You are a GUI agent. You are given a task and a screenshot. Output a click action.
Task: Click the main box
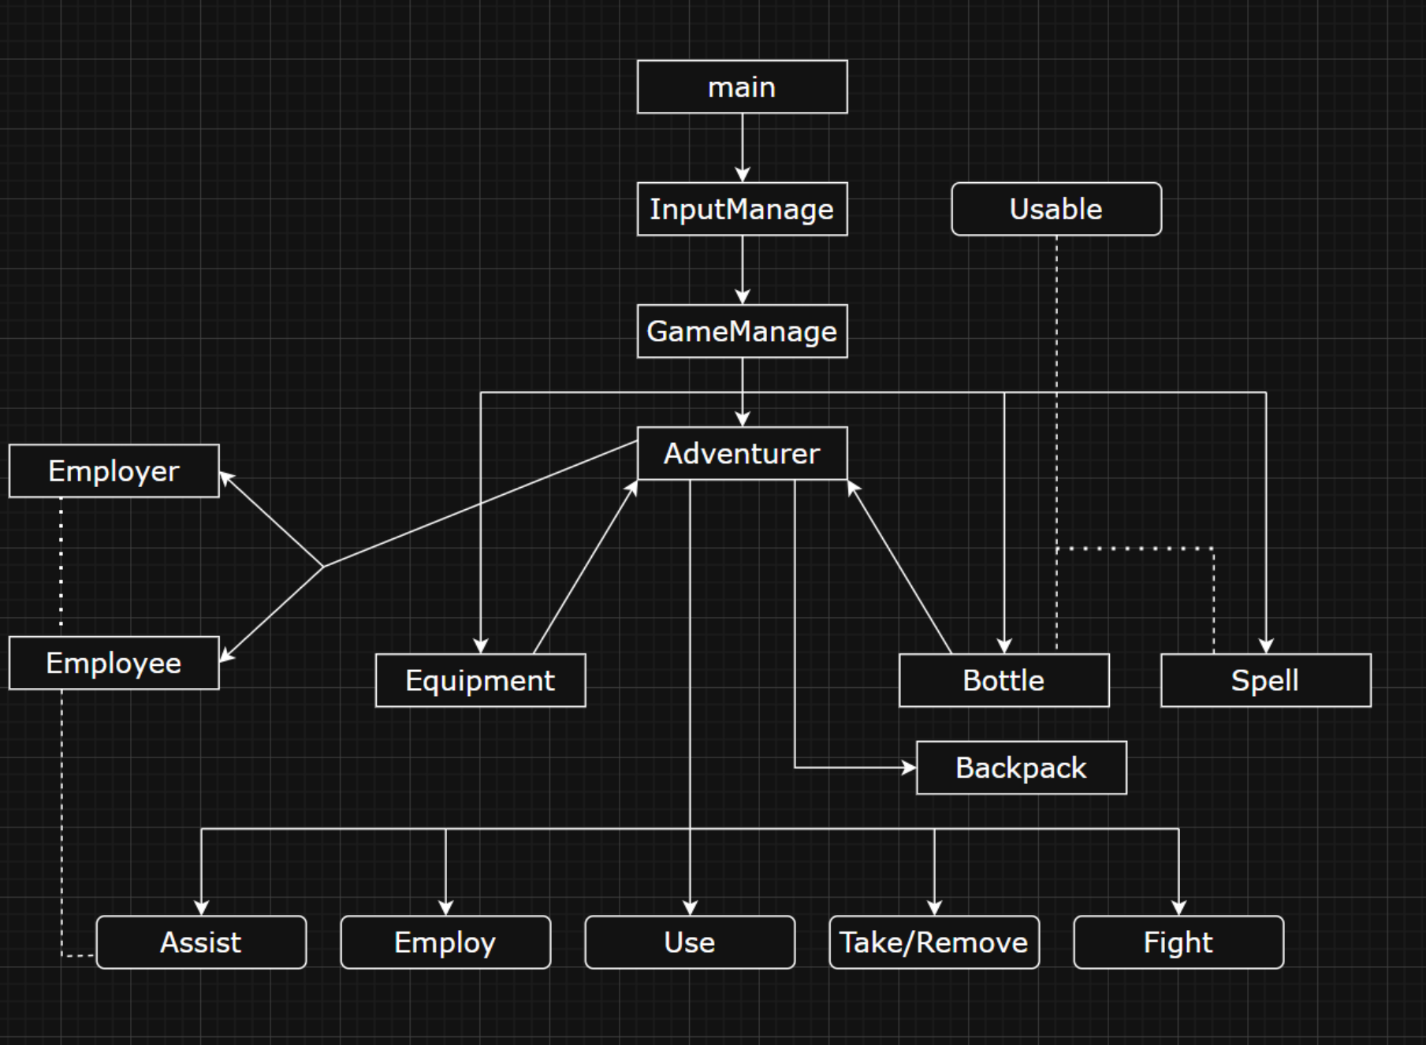pyautogui.click(x=742, y=87)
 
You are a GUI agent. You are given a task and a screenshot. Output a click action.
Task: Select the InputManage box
pyautogui.click(x=742, y=209)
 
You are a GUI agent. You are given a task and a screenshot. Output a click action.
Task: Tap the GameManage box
pyautogui.click(x=742, y=331)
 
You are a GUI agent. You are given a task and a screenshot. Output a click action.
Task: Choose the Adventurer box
pyautogui.click(x=742, y=453)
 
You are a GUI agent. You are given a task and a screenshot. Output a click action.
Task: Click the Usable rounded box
pyautogui.click(x=1056, y=209)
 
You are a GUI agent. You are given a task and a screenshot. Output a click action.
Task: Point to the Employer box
pyautogui.click(x=114, y=470)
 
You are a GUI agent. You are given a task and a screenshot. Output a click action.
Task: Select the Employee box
pyautogui.click(x=114, y=663)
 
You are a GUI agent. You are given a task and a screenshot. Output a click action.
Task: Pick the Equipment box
pyautogui.click(x=480, y=680)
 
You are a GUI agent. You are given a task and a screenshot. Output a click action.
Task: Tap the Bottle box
pyautogui.click(x=1003, y=680)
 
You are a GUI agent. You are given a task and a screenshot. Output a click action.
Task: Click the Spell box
pyautogui.click(x=1265, y=680)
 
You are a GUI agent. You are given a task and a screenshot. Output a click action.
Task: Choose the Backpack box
pyautogui.click(x=1021, y=768)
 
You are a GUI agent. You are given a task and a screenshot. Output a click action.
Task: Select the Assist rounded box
pyautogui.click(x=201, y=942)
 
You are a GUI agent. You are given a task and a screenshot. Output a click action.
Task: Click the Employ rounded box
pyautogui.click(x=445, y=942)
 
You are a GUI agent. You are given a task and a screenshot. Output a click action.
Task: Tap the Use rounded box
pyautogui.click(x=690, y=942)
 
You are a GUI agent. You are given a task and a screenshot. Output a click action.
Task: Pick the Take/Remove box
pyautogui.click(x=934, y=942)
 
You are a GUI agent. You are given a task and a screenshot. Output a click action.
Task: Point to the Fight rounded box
pyautogui.click(x=1178, y=942)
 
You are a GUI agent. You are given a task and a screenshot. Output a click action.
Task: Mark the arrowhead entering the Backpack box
pyautogui.click(x=909, y=767)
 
